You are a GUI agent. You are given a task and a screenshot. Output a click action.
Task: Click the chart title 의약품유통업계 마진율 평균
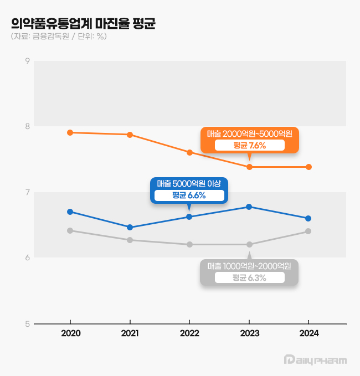tap(84, 23)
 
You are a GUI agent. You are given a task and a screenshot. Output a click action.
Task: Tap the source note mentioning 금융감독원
tap(59, 37)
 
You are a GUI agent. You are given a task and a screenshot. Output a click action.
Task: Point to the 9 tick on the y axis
tap(27, 61)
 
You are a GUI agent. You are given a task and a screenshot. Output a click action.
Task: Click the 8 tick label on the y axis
tap(27, 126)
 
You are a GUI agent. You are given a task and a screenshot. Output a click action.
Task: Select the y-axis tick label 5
tap(27, 324)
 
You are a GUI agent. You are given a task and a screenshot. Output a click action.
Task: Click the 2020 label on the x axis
tap(70, 334)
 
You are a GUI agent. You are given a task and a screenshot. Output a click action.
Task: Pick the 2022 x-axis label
tap(189, 334)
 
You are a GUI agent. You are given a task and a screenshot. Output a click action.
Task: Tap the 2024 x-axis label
tap(308, 334)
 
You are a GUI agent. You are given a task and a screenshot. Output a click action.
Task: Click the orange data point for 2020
tap(70, 132)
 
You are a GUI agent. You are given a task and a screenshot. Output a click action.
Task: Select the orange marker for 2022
tap(189, 152)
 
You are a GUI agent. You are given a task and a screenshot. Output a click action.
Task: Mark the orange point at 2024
tap(308, 167)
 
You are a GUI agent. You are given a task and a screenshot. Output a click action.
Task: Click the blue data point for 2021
tap(130, 227)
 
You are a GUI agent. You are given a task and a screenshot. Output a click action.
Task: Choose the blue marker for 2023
tap(249, 207)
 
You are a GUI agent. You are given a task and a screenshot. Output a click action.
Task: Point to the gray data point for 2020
tap(70, 230)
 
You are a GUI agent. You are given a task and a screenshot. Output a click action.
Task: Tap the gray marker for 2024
tap(308, 231)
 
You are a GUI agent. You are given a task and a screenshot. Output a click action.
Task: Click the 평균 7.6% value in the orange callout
tap(249, 146)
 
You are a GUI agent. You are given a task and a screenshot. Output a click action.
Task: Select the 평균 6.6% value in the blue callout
tap(189, 195)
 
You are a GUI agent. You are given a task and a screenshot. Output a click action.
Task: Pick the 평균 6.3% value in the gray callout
tap(249, 278)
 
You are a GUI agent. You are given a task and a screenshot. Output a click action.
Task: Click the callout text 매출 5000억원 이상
tap(189, 183)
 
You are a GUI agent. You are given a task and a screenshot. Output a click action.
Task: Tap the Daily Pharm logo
tap(315, 360)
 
